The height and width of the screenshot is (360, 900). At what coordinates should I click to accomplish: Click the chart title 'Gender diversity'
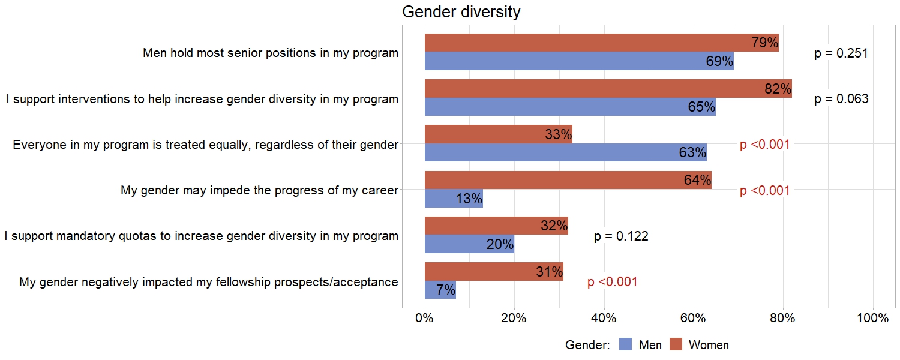[461, 12]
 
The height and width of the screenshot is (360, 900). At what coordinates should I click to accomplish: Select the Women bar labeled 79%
[600, 43]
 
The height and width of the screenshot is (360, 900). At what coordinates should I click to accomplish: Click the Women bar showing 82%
[606, 88]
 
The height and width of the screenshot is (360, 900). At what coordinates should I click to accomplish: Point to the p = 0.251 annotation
[841, 53]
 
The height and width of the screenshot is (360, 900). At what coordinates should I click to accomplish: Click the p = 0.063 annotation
[841, 99]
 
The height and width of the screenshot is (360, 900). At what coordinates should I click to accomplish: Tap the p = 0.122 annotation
[621, 236]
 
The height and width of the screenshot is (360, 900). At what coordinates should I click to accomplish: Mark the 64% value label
[697, 180]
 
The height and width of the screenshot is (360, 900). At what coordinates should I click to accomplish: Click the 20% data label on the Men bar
[500, 244]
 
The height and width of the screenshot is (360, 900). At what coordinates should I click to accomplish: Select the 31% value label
[549, 272]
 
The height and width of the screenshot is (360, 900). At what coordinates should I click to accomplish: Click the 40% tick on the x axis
[604, 319]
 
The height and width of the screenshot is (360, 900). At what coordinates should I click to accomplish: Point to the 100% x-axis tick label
[872, 319]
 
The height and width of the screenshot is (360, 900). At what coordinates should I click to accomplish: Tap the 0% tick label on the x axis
[425, 319]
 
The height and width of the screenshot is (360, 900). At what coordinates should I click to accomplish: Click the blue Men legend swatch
[626, 344]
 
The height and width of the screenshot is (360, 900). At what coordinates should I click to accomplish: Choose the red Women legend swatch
[676, 344]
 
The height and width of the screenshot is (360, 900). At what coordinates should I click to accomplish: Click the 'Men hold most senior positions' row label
[270, 53]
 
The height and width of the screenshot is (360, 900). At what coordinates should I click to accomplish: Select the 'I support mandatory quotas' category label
[201, 236]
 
